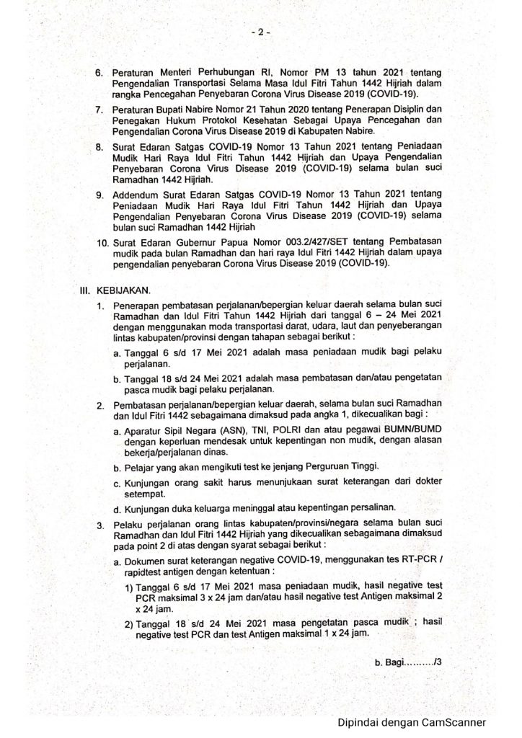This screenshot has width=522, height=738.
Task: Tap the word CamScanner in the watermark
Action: point(448,723)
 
